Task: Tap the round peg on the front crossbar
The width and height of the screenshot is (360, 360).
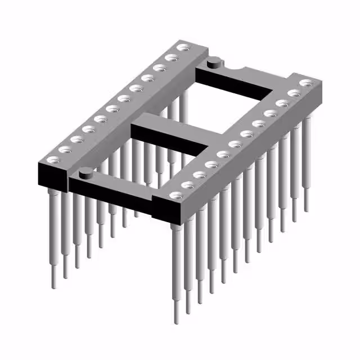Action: tap(85, 173)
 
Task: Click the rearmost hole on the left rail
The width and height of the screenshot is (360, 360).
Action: tap(182, 49)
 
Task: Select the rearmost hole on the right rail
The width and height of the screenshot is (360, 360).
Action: tap(305, 83)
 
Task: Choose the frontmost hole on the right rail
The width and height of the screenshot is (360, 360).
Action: tap(175, 195)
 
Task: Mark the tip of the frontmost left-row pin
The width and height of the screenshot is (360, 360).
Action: tap(55, 284)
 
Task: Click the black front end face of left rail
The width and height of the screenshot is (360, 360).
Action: tap(49, 176)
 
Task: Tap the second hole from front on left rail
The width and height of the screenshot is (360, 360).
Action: tap(64, 149)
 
